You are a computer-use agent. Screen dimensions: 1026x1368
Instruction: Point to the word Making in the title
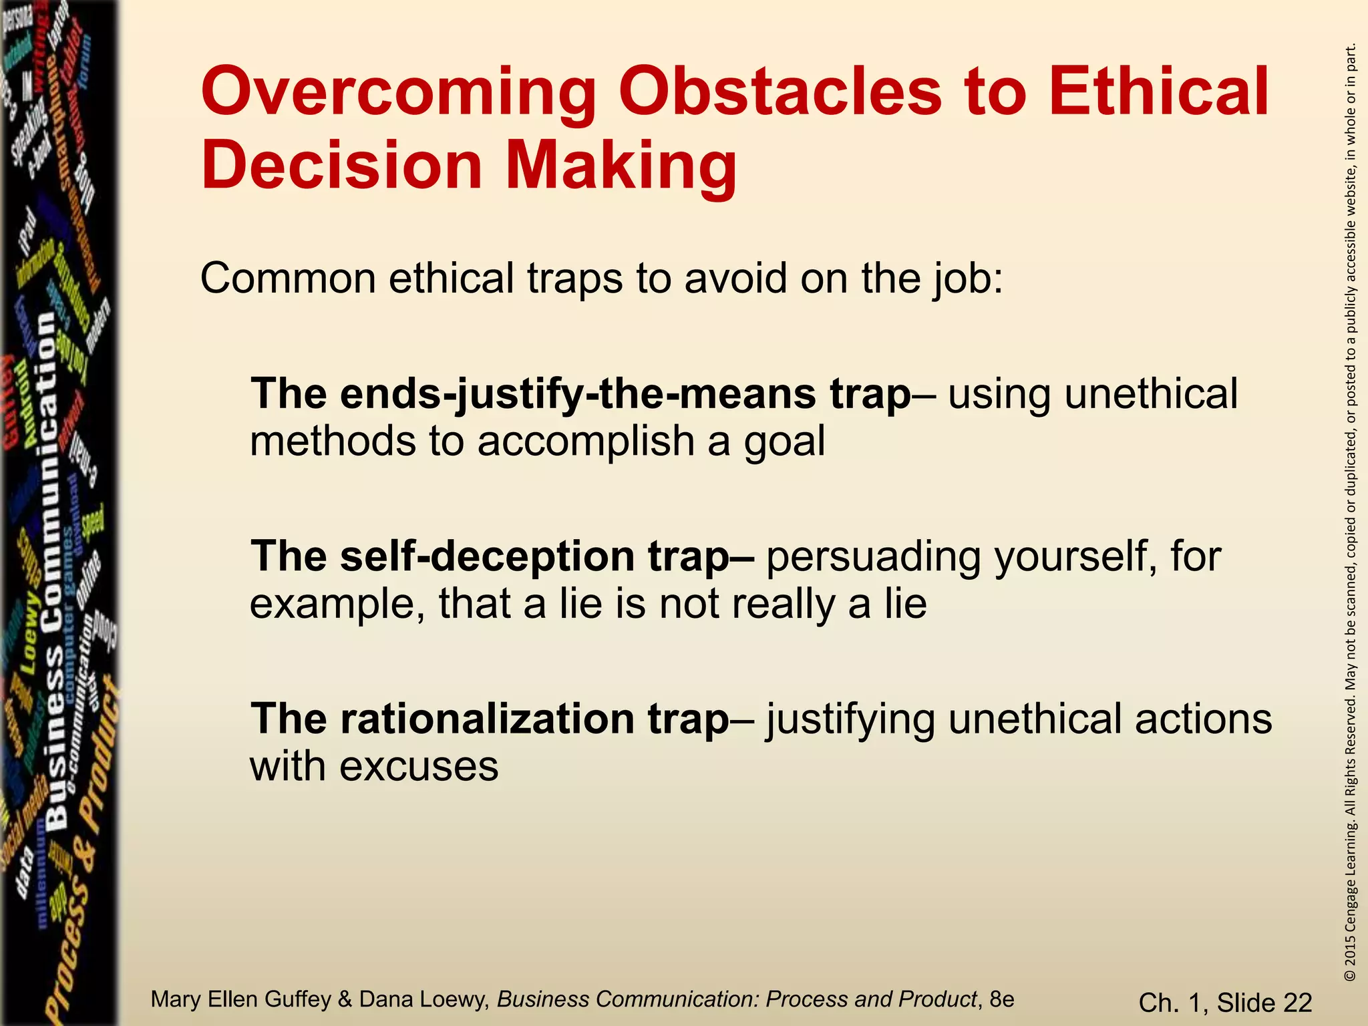tap(621, 165)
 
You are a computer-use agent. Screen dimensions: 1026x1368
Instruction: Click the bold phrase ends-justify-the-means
tap(578, 394)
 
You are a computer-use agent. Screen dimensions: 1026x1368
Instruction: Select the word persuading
tap(873, 557)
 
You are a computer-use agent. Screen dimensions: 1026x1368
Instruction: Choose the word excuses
tap(419, 766)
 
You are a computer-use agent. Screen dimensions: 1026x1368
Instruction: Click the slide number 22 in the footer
tap(1298, 1003)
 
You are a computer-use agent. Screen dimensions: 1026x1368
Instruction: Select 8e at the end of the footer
tap(1001, 999)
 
